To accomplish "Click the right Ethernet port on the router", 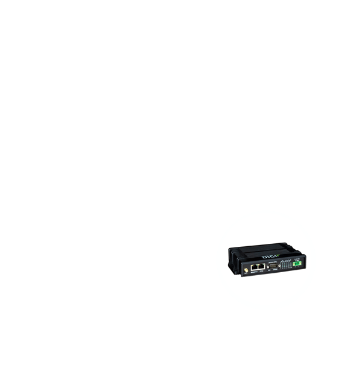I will tap(262, 266).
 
